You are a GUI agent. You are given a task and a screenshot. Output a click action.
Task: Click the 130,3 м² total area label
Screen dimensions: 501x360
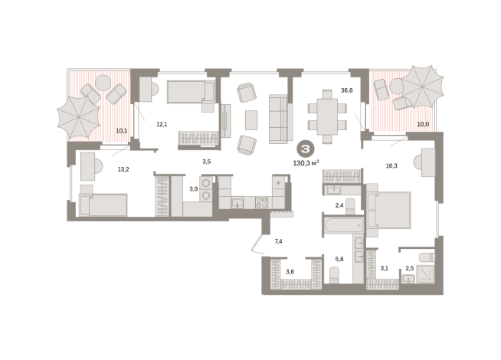point(306,163)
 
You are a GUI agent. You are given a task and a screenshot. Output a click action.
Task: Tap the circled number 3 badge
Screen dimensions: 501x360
point(306,149)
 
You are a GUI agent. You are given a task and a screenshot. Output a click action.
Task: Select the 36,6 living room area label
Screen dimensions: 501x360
point(347,90)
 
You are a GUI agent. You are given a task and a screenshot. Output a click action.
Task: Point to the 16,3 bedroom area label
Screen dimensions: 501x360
point(391,165)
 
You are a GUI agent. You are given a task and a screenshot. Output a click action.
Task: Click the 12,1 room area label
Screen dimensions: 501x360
point(162,124)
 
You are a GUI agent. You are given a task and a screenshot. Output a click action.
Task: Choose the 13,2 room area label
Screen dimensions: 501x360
point(123,169)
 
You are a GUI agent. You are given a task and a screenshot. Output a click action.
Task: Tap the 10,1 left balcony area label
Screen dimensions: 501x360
point(121,131)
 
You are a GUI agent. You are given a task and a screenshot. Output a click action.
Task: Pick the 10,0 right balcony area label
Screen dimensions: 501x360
point(423,124)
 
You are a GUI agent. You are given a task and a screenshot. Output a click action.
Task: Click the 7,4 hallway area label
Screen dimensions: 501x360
point(278,241)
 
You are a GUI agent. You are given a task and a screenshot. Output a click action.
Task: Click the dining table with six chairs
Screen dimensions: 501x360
point(327,116)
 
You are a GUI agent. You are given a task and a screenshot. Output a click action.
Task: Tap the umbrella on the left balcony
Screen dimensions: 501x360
point(79,117)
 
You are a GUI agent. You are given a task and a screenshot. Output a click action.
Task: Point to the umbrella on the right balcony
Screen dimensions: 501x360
point(422,87)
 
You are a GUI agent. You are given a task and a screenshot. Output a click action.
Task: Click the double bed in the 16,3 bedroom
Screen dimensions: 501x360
point(389,210)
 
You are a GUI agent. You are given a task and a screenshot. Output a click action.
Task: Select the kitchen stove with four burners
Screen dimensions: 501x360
point(262,202)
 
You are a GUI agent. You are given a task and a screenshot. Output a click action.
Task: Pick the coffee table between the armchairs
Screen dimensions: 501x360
point(251,119)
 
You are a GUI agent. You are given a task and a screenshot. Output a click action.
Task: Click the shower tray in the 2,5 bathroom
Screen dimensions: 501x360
point(425,274)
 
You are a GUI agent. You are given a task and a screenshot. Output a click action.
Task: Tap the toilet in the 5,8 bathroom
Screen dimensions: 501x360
point(334,275)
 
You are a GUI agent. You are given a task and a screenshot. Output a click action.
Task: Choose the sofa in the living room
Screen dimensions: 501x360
point(280,119)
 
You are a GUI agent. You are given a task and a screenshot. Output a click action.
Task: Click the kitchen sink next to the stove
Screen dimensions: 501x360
point(237,203)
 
